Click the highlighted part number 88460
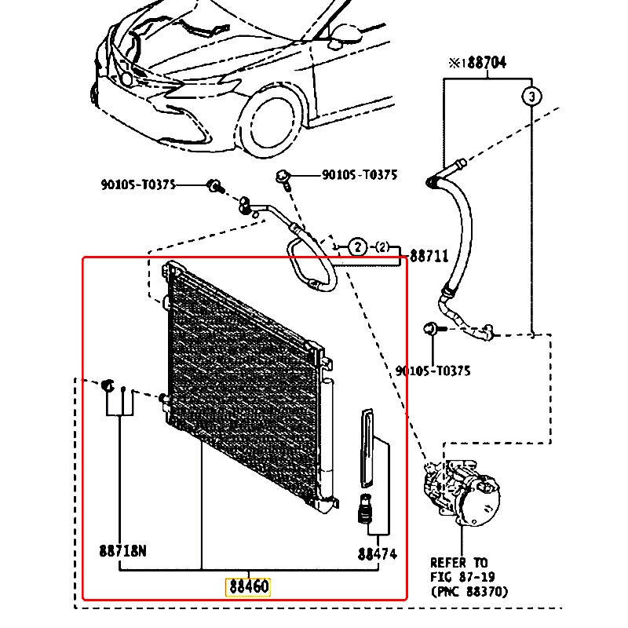point(248,586)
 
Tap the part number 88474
point(378,554)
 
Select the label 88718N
point(122,551)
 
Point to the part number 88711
point(429,256)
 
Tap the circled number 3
point(531,97)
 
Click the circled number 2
point(358,247)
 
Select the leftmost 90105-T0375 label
point(138,184)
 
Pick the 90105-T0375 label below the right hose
point(433,371)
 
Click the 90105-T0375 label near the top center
point(360,175)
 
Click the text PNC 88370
point(469,592)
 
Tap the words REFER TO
point(458,563)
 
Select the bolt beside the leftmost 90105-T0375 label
point(215,186)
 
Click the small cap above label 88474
point(364,509)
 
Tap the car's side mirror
point(344,35)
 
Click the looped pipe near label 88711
point(310,262)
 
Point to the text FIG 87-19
point(462,577)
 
